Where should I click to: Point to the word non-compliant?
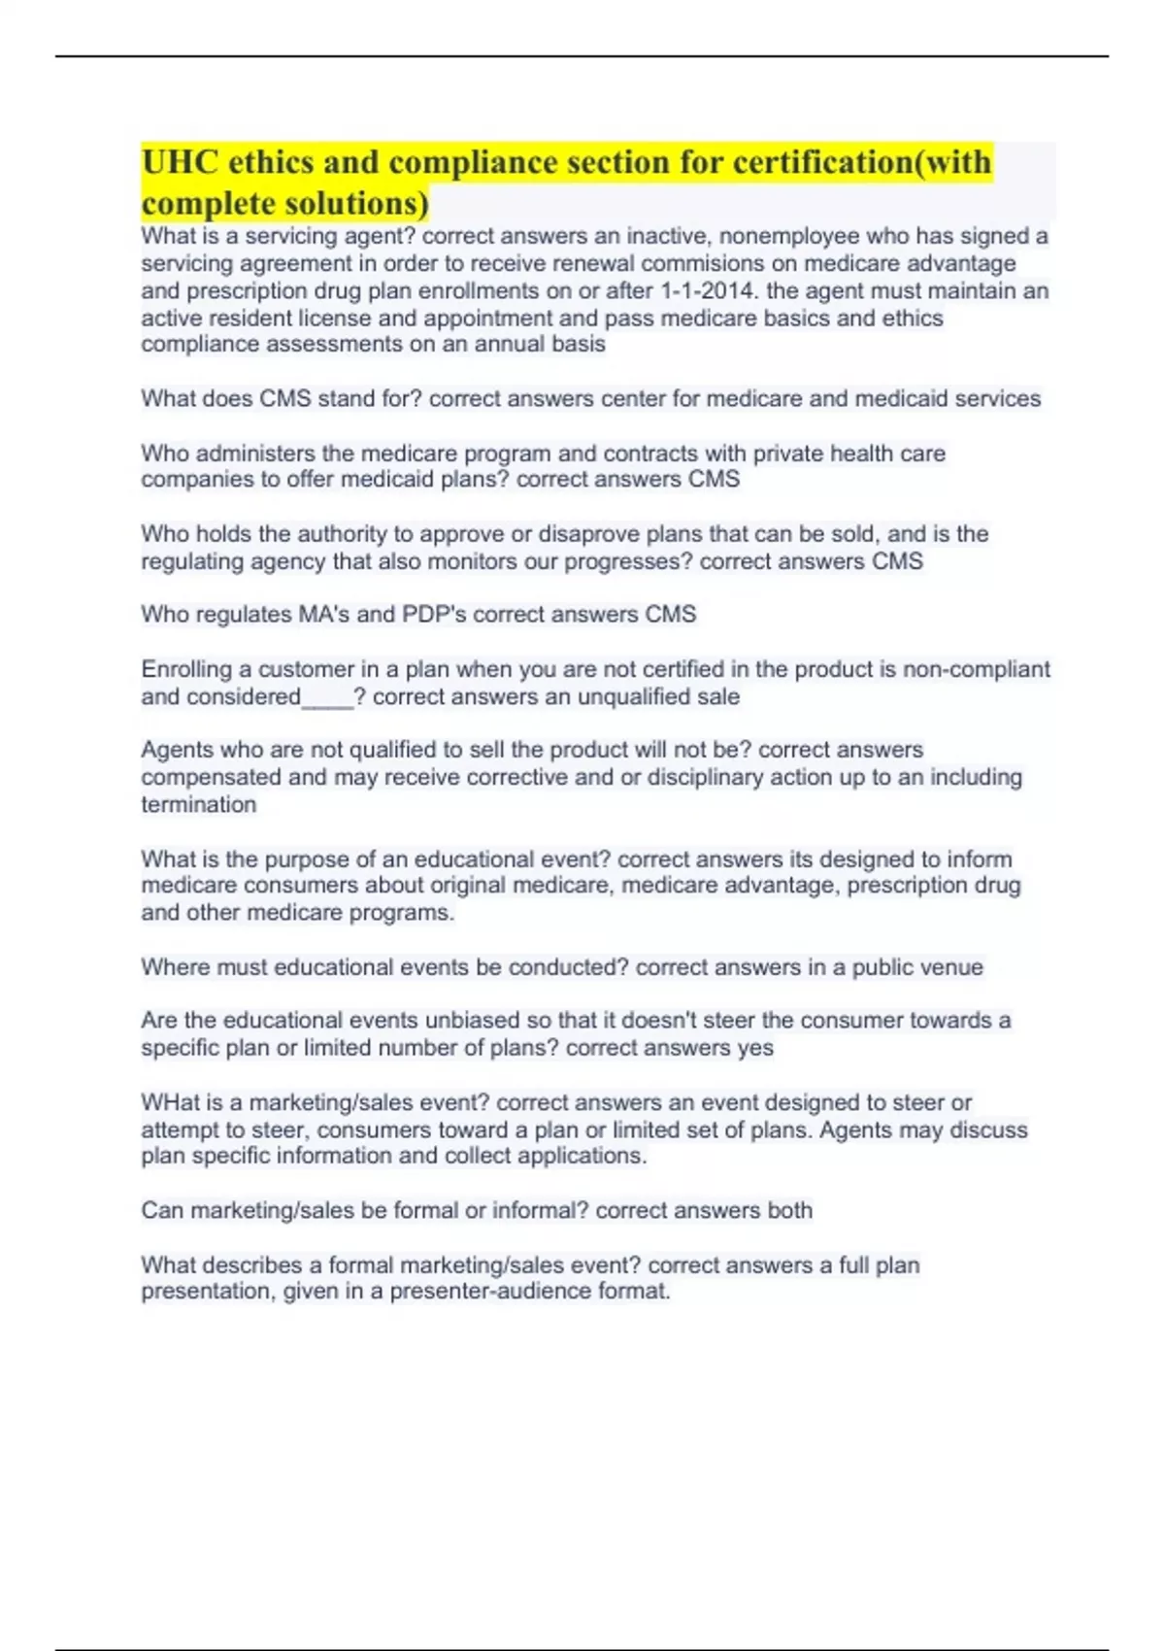point(976,669)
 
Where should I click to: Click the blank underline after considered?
point(328,697)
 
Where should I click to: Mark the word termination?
point(199,804)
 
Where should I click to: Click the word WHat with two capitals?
point(170,1103)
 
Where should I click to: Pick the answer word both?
point(788,1211)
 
